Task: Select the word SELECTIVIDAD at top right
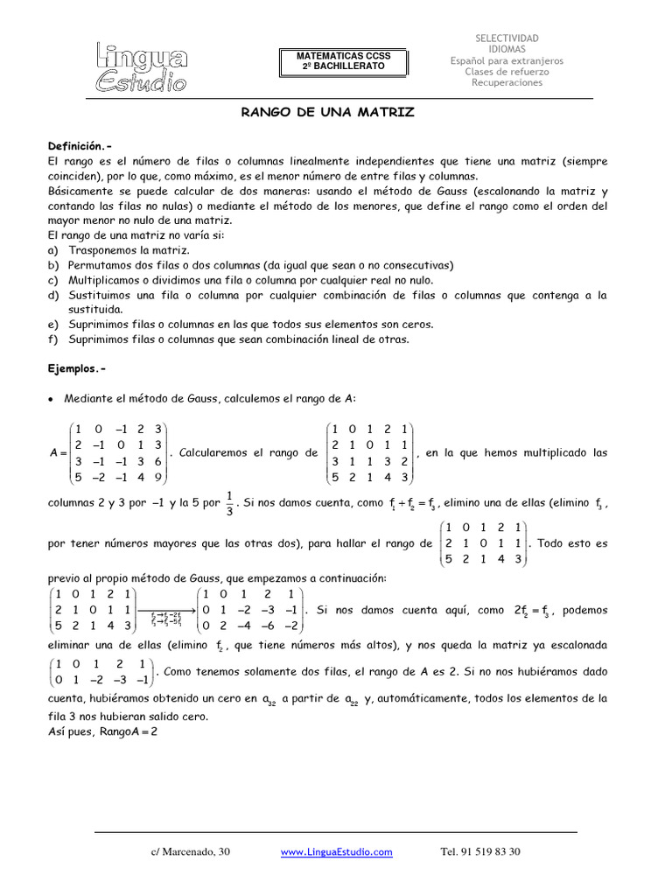point(507,38)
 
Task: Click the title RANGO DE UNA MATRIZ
point(327,113)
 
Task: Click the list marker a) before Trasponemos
point(52,250)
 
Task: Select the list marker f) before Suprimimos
point(52,339)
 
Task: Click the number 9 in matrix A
point(157,478)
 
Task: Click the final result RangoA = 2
point(102,731)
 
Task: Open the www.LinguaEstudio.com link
point(336,852)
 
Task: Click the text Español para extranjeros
point(507,61)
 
